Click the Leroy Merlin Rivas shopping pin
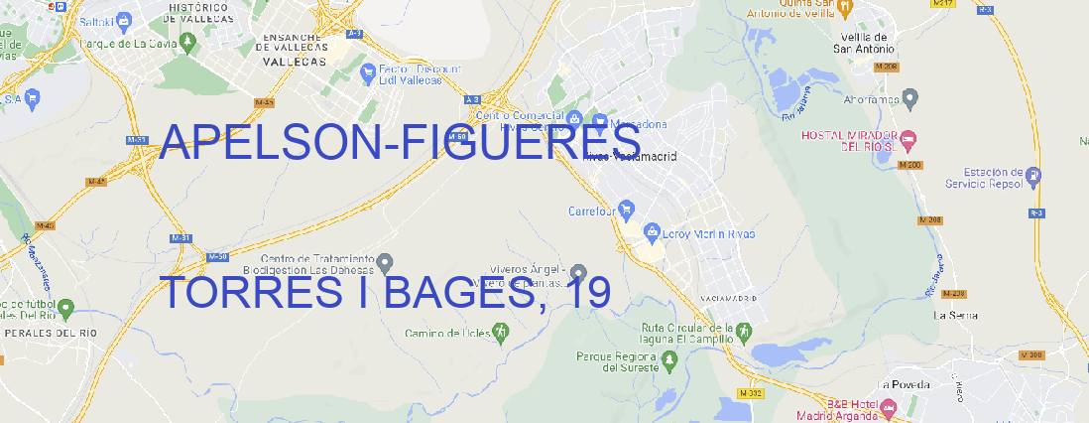click(652, 232)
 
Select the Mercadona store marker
click(600, 122)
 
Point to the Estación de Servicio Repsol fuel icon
click(1033, 176)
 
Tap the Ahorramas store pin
click(910, 97)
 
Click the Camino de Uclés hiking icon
click(500, 332)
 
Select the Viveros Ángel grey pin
click(579, 272)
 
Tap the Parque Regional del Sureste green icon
click(671, 361)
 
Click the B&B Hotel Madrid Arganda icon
click(889, 408)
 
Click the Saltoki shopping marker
click(123, 19)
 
